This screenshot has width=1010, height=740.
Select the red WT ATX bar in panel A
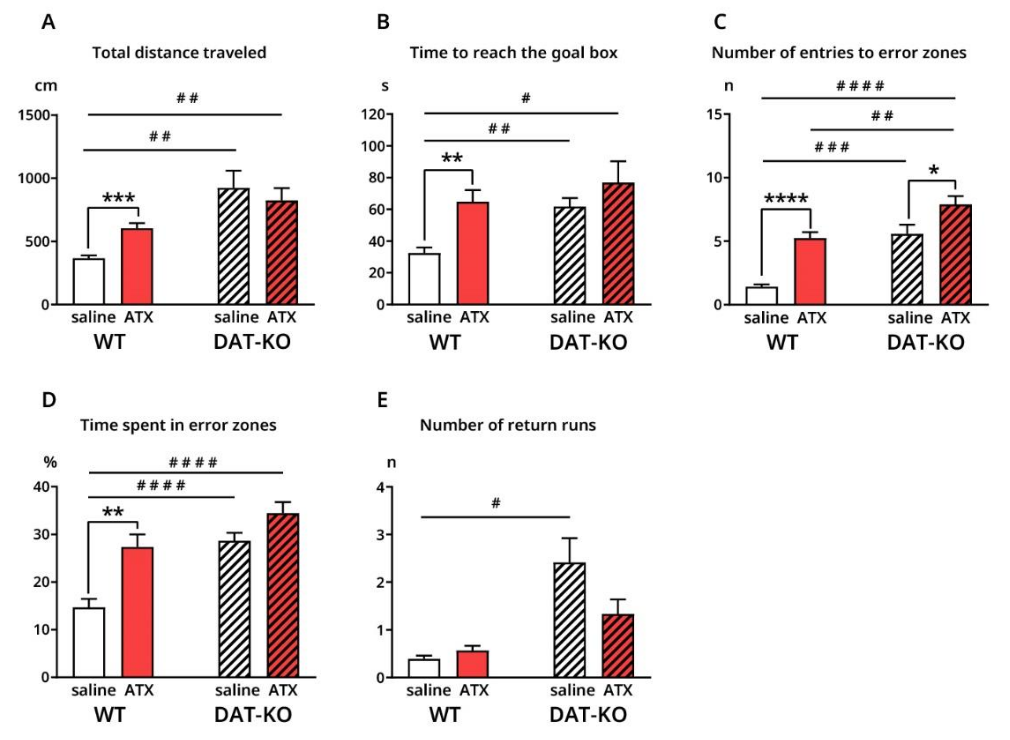(x=137, y=266)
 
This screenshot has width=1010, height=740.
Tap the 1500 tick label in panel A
(x=33, y=115)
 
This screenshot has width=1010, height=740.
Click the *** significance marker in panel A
(x=118, y=198)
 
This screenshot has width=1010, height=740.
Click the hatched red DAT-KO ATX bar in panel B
(x=618, y=244)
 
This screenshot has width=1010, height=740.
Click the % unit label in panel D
(x=50, y=462)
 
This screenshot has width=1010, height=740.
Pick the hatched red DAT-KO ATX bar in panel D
(x=283, y=595)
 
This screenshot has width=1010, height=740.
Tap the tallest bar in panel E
(x=569, y=620)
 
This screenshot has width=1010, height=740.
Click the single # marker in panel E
(x=495, y=503)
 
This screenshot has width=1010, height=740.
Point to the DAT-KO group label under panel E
(x=588, y=714)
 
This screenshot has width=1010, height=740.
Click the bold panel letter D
(x=49, y=399)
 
